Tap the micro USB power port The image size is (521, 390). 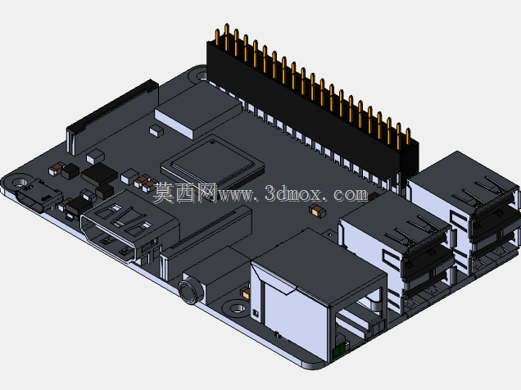[38, 197]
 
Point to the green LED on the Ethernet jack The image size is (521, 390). [339, 350]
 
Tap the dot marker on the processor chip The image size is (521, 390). [212, 143]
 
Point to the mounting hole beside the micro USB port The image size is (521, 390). [20, 183]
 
